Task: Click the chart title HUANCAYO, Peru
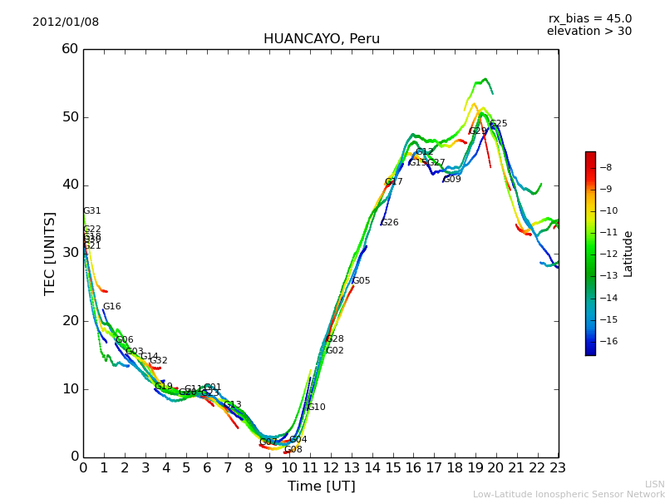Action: point(321,39)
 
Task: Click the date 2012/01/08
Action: point(66,22)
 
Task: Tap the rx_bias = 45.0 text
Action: point(589,18)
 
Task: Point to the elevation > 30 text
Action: point(589,32)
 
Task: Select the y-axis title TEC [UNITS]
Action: point(50,253)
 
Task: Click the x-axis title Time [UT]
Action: point(321,487)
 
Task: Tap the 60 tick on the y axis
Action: point(70,49)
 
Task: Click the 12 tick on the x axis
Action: point(331,468)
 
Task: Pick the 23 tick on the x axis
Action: point(558,468)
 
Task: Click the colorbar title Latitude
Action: point(628,254)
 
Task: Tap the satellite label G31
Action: point(91,211)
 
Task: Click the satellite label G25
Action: point(498,124)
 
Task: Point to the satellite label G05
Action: point(362,281)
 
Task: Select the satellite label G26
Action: point(389,223)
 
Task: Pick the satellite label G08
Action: point(293,450)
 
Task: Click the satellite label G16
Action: point(111,307)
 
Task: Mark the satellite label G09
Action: point(451,180)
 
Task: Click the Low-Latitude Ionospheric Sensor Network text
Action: point(569,494)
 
